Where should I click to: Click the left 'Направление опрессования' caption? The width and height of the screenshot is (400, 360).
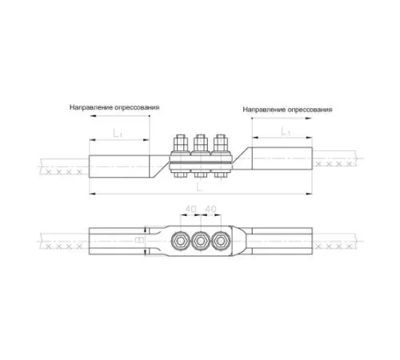tap(114, 107)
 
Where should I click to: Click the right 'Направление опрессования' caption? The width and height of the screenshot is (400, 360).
tap(287, 110)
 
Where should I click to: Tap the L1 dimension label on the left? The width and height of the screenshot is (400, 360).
tap(118, 133)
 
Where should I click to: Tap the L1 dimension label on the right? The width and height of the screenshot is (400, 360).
tap(286, 131)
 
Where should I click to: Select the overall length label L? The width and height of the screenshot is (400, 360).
tap(199, 188)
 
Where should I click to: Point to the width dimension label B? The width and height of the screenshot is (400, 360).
tap(139, 240)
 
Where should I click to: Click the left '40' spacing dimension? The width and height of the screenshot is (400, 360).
tap(191, 209)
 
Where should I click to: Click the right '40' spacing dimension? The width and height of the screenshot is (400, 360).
tap(210, 209)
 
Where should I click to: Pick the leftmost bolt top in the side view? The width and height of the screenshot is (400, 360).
tap(181, 143)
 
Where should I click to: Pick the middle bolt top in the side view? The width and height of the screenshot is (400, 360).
tap(201, 143)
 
